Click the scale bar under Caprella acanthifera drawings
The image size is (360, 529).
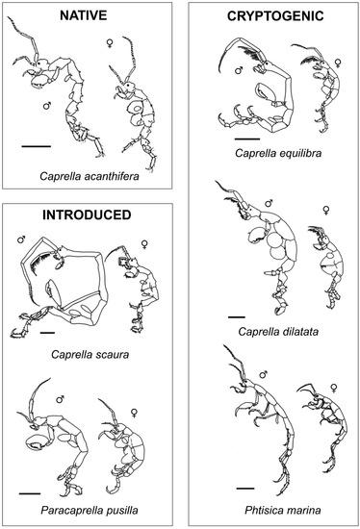pos(36,147)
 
